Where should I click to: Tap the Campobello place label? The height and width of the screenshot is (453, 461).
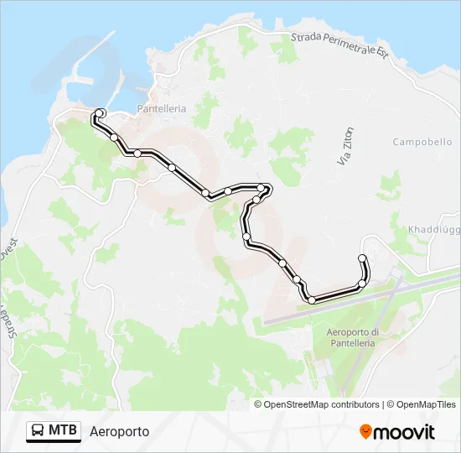[422, 142]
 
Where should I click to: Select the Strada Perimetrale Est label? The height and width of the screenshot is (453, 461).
[339, 45]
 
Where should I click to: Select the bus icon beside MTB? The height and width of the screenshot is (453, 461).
[39, 431]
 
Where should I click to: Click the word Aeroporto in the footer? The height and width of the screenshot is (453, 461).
[119, 431]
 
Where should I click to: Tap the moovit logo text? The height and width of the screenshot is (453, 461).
[404, 432]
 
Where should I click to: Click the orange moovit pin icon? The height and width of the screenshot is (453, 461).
[365, 432]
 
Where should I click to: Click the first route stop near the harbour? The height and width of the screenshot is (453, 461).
[100, 112]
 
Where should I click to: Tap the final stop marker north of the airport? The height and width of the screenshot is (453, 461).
[362, 258]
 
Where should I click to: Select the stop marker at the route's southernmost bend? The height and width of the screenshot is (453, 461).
[312, 299]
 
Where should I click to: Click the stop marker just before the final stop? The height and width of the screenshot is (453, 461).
[362, 284]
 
